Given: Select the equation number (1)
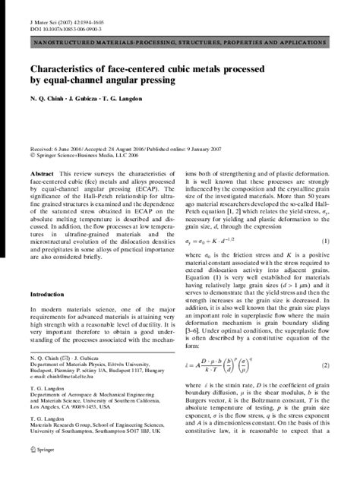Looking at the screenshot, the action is pyautogui.click(x=325, y=241).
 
